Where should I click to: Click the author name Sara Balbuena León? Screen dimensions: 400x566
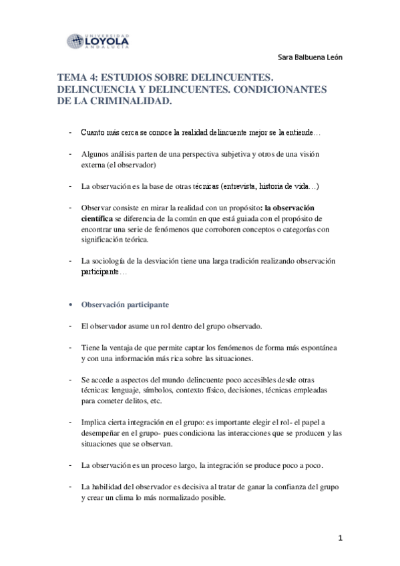click(x=309, y=57)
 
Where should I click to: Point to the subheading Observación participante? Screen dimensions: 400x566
click(x=125, y=304)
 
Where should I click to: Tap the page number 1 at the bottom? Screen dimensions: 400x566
click(x=340, y=538)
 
